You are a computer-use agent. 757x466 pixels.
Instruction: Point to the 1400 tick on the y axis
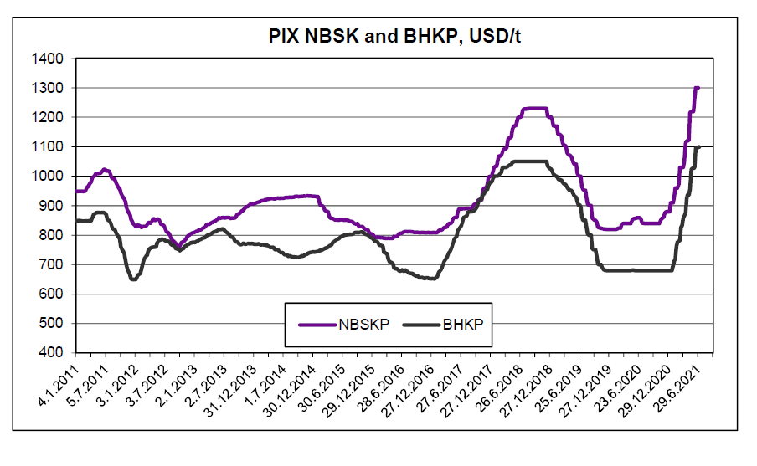49,59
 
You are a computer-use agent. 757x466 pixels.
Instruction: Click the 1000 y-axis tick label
49,177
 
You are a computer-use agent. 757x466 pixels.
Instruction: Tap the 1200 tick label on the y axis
49,118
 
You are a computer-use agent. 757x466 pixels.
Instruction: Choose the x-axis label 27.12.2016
420,390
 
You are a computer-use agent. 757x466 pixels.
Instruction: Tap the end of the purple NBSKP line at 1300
697,88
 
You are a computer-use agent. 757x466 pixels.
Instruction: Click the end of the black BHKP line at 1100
698,146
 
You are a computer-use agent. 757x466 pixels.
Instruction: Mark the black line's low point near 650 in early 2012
133,279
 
